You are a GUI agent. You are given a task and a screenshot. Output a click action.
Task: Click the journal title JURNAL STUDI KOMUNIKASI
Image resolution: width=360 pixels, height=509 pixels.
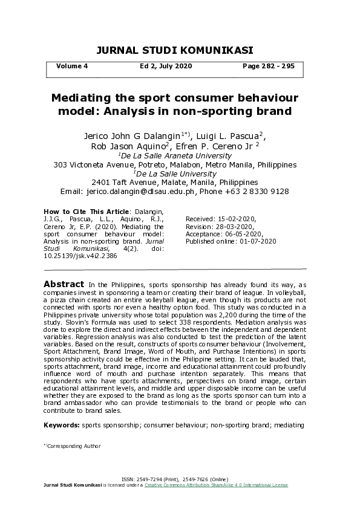coord(174,50)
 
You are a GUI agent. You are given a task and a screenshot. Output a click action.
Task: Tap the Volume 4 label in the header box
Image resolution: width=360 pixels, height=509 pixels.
coord(72,66)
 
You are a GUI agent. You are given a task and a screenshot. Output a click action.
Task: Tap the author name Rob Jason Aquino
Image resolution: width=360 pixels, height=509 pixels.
coord(129,146)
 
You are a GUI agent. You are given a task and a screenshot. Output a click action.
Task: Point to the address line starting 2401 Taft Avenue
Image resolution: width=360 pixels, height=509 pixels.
coord(174,182)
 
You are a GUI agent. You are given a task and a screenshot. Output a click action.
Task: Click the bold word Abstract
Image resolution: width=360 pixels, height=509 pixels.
coord(64,284)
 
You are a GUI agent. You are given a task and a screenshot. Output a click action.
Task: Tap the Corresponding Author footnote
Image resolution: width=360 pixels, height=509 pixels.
coord(73,446)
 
